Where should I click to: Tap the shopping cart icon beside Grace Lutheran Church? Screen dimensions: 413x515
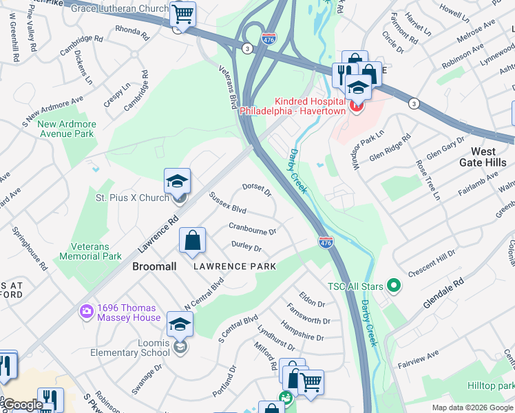point(182,14)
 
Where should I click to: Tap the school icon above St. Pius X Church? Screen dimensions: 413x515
point(177,182)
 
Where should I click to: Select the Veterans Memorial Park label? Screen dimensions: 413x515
point(96,251)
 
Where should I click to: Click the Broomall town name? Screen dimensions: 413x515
point(154,266)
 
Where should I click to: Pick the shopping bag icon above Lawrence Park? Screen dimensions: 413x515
point(193,241)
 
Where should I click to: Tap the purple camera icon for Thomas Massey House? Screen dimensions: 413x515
point(87,311)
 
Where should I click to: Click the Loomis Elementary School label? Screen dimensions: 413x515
point(129,347)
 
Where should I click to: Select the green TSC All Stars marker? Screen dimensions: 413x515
point(393,284)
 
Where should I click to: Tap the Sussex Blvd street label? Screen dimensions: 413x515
point(227,203)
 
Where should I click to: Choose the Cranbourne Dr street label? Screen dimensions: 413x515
point(252,229)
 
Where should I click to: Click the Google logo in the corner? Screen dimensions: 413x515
point(23,405)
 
